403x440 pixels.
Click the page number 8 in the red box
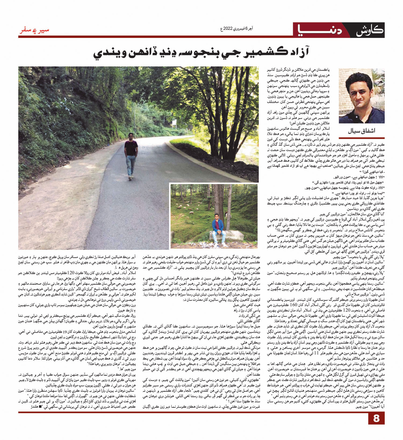coord(376,426)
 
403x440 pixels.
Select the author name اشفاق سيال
coord(361,131)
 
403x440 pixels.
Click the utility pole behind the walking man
coord(135,118)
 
